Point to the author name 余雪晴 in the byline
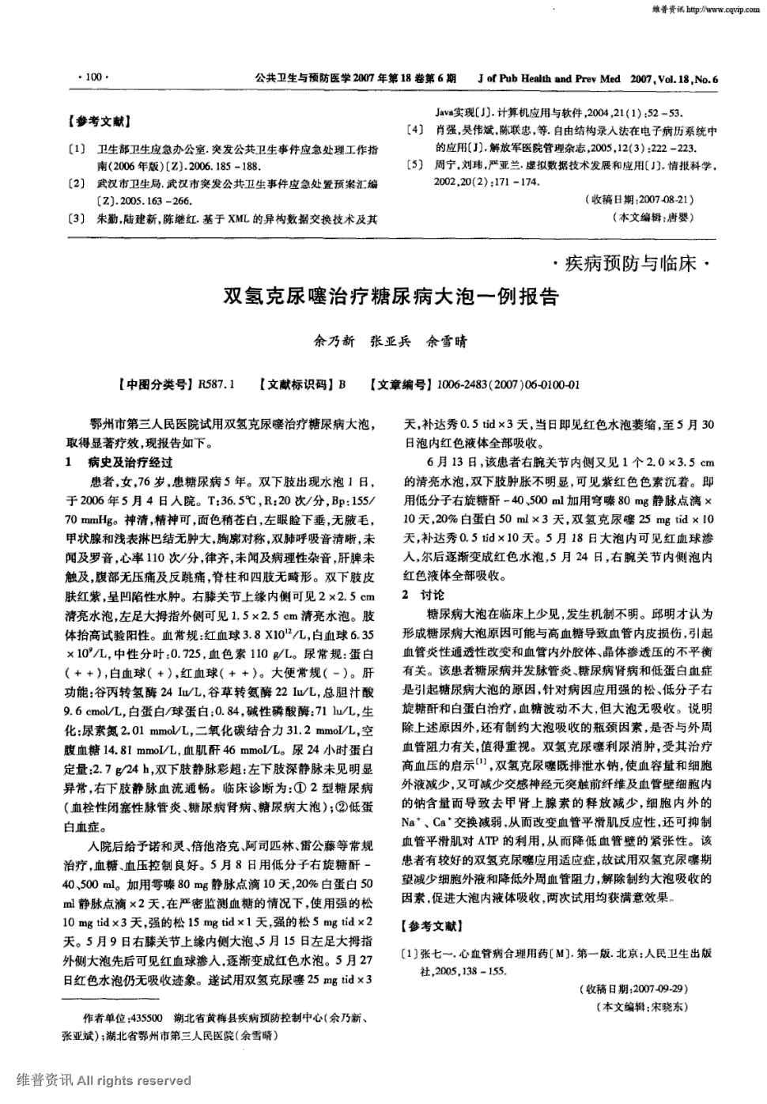click(x=447, y=342)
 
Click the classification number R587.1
click(x=217, y=385)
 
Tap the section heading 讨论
click(x=433, y=595)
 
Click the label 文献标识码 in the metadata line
click(x=299, y=385)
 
